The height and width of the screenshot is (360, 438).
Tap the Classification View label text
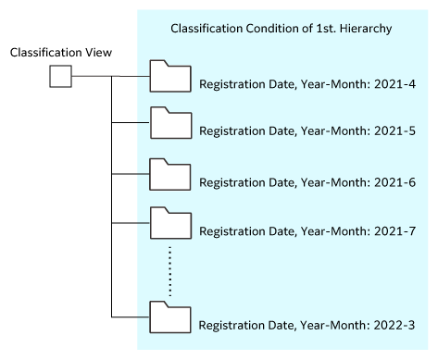[x=60, y=53]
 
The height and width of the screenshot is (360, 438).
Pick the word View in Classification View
[x=97, y=53]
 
